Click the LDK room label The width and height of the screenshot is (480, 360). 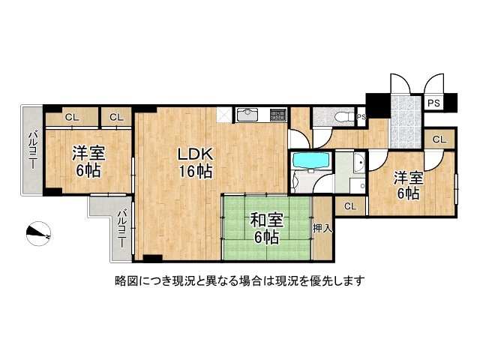(x=196, y=162)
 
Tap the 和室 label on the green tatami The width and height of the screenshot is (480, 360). (x=265, y=229)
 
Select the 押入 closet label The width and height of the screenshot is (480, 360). (x=322, y=228)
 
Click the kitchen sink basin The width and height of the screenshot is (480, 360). (x=247, y=115)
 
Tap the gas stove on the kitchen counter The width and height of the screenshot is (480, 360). (x=277, y=115)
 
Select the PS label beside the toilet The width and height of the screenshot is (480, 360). (x=361, y=117)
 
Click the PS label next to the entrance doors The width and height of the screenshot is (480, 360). (x=433, y=103)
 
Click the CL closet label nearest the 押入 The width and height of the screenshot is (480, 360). (x=350, y=206)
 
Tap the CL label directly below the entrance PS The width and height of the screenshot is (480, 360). (x=439, y=139)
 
